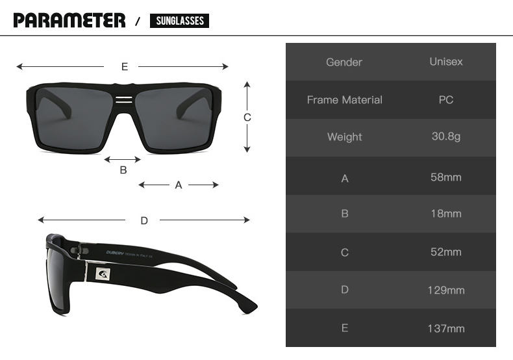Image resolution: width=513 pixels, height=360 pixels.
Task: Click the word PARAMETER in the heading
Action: tap(69, 20)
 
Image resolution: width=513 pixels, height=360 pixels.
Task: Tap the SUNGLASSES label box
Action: tap(179, 21)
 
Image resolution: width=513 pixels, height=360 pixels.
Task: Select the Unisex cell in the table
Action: tap(445, 62)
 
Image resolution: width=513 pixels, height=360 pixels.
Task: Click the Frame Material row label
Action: tap(344, 100)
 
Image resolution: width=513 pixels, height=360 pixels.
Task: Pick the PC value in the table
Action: tap(445, 100)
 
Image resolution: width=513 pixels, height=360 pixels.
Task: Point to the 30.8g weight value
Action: tap(445, 137)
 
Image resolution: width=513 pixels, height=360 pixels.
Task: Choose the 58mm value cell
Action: tap(445, 177)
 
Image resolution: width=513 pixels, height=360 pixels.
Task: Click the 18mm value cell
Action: tap(445, 214)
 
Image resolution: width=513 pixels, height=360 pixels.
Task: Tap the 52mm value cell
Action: tap(445, 252)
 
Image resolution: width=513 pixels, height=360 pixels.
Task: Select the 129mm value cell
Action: tap(445, 290)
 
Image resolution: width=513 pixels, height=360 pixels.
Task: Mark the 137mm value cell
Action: tap(445, 329)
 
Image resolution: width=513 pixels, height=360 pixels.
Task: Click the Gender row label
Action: tap(344, 62)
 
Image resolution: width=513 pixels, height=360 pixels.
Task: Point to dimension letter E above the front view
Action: tap(124, 66)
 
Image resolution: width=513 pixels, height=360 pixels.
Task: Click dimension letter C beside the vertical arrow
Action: tap(247, 118)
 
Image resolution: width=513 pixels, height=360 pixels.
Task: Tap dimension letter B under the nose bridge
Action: tap(123, 170)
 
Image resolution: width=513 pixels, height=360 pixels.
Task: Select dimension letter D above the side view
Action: tap(144, 220)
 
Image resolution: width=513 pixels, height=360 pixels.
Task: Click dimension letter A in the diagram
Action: tap(179, 185)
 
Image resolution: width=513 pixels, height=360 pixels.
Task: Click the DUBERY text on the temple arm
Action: tap(118, 252)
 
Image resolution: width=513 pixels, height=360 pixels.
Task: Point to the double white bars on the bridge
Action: tap(123, 99)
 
